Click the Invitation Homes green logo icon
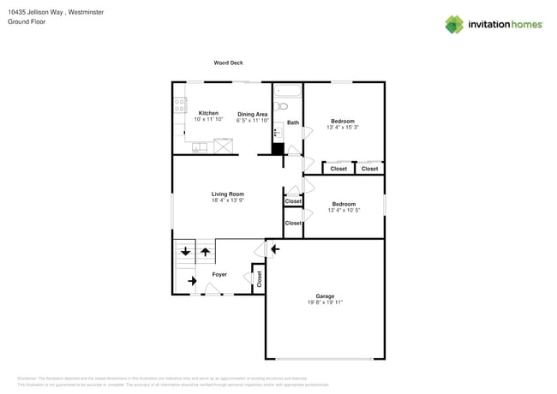tap(454, 24)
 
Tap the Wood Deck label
tap(227, 63)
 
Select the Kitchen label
tap(208, 113)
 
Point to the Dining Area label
tap(253, 114)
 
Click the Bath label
tap(293, 122)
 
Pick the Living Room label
tap(228, 194)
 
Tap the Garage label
tap(325, 296)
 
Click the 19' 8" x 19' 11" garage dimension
tap(325, 302)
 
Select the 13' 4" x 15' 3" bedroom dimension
tap(344, 127)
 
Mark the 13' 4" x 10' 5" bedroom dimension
tap(344, 210)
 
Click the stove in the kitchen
tap(180, 105)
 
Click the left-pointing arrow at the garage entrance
tap(274, 249)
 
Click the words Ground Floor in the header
tap(27, 21)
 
